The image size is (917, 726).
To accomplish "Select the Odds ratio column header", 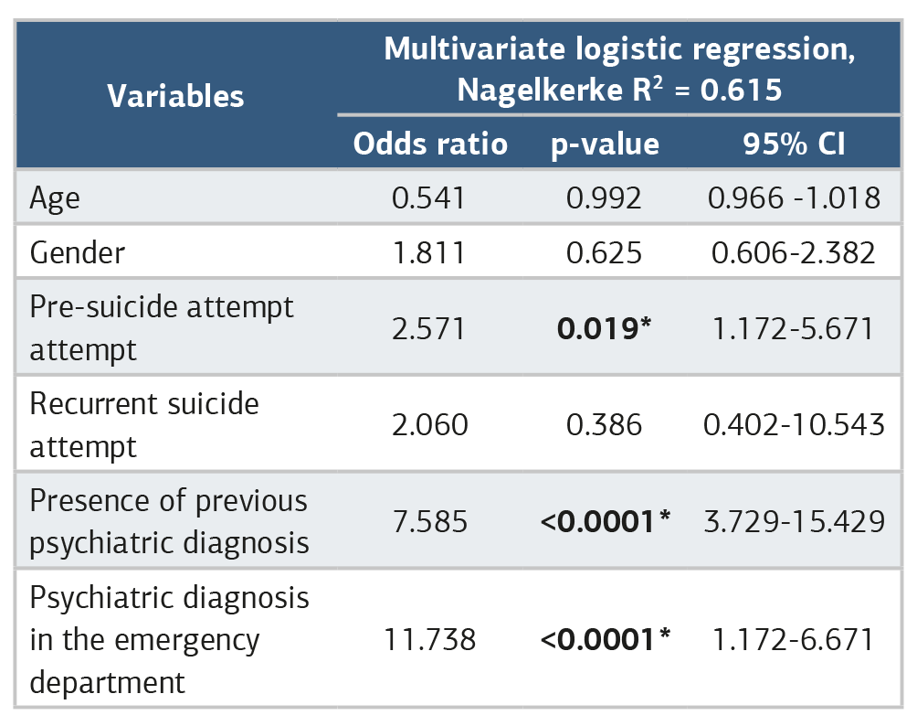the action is click(430, 144).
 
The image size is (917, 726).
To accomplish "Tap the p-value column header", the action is click(605, 144).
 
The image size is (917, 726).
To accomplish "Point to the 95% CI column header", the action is click(795, 144).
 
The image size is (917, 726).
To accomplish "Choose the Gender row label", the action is click(78, 253).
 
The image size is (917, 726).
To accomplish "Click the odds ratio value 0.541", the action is click(428, 198).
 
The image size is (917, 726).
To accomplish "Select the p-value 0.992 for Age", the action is click(604, 198).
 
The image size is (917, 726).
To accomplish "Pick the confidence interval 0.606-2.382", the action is click(794, 253).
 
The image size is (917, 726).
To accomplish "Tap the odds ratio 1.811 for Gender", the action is click(429, 253).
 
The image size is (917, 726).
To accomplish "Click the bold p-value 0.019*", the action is click(604, 328).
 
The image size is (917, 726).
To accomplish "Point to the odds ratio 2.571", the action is click(428, 328).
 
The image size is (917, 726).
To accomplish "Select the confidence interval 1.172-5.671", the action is click(793, 328).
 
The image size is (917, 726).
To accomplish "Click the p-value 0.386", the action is click(604, 424).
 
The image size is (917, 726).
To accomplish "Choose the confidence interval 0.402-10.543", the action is click(795, 424).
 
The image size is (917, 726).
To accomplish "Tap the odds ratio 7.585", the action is click(430, 521).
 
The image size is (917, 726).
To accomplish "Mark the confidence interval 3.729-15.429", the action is click(795, 521).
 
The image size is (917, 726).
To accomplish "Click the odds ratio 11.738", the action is click(430, 639).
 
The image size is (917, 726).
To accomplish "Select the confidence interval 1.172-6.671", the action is click(793, 639).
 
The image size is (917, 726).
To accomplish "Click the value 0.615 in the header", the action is click(741, 91).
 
